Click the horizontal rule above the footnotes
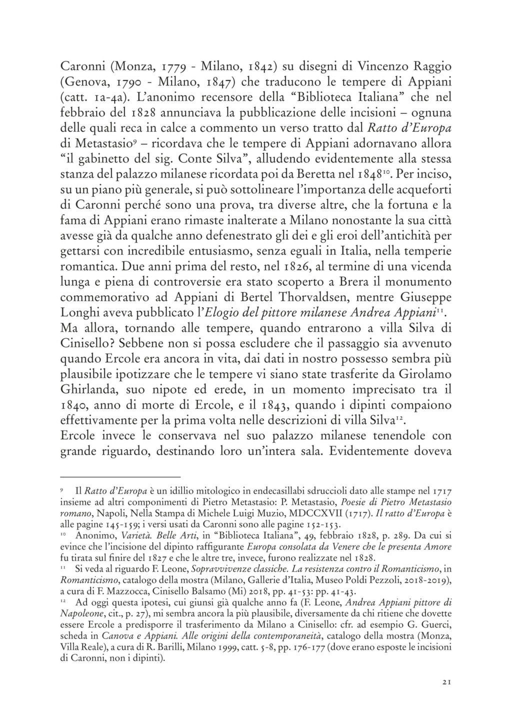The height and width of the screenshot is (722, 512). (119, 477)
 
